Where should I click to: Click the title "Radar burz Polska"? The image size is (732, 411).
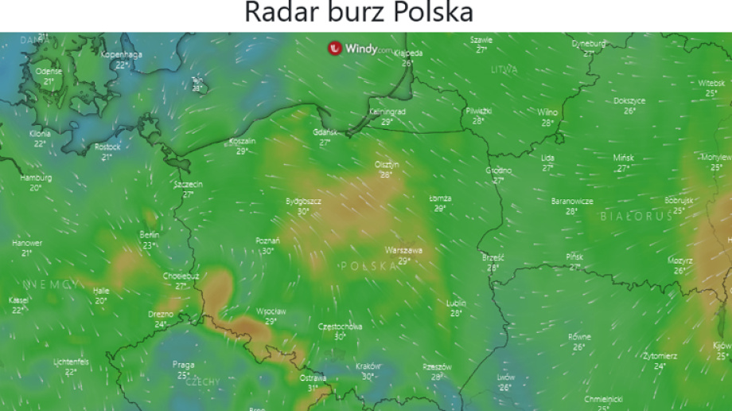coord(358,13)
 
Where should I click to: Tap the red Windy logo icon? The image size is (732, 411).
coord(335,48)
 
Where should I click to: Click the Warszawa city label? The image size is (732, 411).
coord(403,250)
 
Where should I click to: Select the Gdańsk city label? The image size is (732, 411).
coord(325,132)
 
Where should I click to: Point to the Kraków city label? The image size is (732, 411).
coord(368,366)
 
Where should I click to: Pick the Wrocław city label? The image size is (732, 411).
coord(271,311)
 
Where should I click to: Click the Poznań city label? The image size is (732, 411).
coord(267,241)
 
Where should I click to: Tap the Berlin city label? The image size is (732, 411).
coord(150,235)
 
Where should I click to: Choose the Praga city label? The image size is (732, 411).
coord(183,365)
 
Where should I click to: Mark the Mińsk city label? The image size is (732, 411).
coord(624,158)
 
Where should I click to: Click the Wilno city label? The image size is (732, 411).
coord(547,112)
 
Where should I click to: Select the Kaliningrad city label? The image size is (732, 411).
coord(387,112)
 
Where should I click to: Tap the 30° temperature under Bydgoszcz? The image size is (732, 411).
coord(303,212)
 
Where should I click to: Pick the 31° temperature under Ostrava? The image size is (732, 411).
coord(312,388)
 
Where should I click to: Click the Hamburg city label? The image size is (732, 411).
coord(36,178)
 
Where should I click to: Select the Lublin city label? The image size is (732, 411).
coord(456,303)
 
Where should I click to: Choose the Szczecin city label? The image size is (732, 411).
coord(189,184)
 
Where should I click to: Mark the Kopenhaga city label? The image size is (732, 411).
coord(122,54)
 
